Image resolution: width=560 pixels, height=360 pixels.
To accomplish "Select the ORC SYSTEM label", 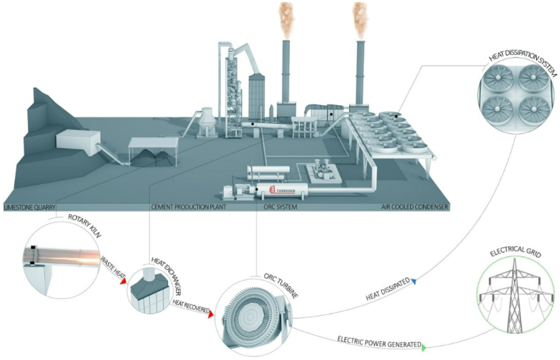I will [x=282, y=207].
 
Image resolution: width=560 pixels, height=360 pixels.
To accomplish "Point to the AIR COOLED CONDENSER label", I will [x=415, y=207].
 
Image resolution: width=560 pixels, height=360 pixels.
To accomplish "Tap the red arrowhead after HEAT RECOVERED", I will [x=210, y=315].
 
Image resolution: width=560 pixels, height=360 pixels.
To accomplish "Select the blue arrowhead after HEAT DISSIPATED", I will [x=415, y=282].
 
